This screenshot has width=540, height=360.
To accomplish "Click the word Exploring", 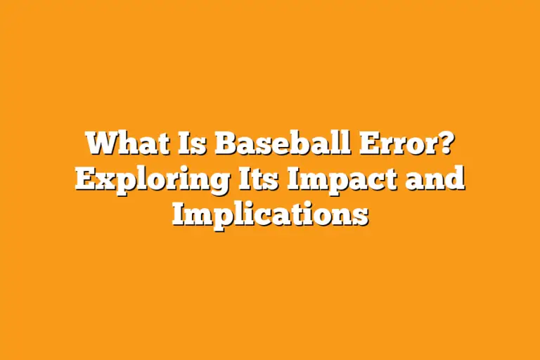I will (150, 179).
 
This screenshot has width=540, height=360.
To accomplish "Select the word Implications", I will (270, 213).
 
